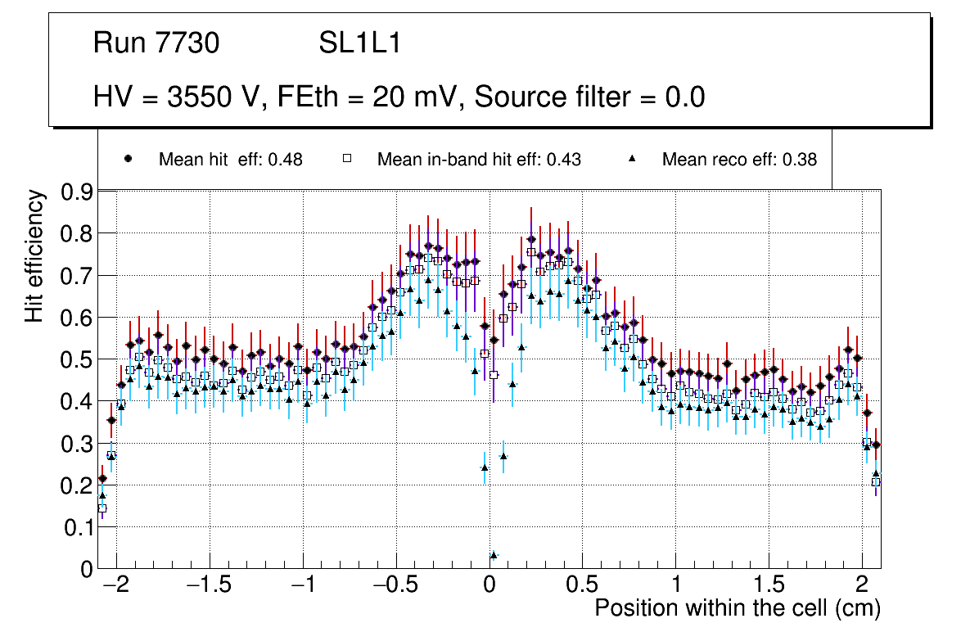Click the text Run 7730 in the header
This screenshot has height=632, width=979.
pos(156,43)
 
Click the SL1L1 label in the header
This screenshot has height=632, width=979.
pos(360,43)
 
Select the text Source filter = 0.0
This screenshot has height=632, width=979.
pos(589,97)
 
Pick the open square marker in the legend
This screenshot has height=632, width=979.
pos(346,160)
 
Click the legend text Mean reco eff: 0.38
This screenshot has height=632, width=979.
pos(739,160)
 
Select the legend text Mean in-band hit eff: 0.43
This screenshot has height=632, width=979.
pos(479,160)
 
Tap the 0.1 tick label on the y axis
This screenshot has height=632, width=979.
pos(78,528)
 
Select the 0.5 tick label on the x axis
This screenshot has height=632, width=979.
pos(581,587)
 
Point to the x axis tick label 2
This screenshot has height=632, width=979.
pos(862,587)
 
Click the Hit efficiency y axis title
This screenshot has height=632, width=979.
pos(34,255)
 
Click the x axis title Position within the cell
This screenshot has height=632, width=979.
pos(737,608)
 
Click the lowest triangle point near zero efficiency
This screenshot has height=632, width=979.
pos(494,555)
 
